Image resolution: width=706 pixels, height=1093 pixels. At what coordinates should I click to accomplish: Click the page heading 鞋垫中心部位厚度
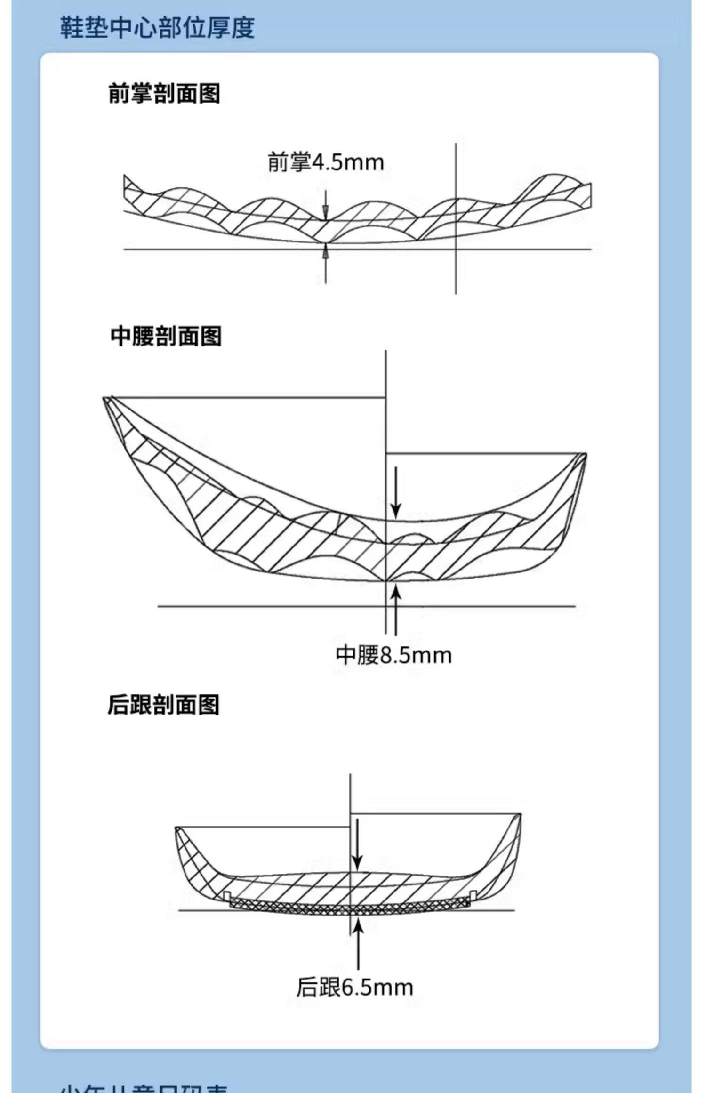coord(157,27)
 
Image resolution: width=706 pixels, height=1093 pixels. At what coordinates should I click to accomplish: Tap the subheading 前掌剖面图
coord(164,93)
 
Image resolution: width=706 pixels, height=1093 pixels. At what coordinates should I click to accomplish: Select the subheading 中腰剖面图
coord(166,336)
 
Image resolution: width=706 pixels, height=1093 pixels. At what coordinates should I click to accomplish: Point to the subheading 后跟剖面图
coord(163,705)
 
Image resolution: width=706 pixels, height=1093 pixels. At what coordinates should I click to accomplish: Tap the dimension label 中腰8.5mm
coord(393,655)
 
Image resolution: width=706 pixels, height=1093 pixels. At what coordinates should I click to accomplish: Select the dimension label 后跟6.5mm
coord(354,988)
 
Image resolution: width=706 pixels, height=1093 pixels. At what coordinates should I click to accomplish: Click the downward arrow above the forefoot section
coord(326,206)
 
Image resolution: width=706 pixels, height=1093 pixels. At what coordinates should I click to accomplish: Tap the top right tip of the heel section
coord(519,815)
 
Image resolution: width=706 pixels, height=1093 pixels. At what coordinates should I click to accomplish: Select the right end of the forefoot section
coord(590,195)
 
